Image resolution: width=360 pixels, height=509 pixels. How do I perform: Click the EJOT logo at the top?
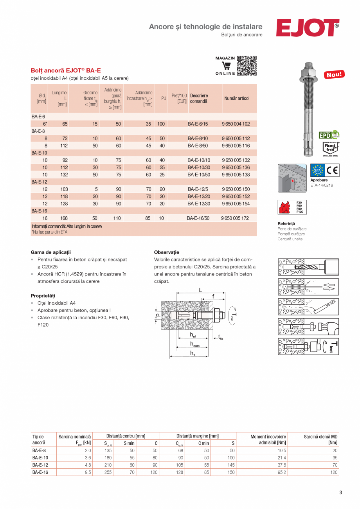tap(307, 28)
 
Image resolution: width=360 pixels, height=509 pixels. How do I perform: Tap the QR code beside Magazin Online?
tap(247, 66)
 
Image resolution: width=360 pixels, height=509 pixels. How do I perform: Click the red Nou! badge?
tap(334, 74)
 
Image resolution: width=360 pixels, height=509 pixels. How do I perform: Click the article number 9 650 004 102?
tap(236, 124)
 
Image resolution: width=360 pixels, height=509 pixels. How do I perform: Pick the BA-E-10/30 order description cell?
tap(199, 167)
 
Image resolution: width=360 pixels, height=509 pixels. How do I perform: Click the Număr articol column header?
tap(237, 99)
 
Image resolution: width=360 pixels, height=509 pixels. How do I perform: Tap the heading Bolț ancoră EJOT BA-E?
tap(66, 71)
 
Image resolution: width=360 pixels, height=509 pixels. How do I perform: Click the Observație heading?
tap(167, 252)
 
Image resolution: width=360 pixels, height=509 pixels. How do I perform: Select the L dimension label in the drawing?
tap(200, 290)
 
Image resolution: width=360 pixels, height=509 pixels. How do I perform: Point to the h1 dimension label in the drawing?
tap(193, 353)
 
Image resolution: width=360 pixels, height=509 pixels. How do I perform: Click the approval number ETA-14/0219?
tap(322, 185)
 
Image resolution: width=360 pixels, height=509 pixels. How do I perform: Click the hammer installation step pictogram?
tap(308, 326)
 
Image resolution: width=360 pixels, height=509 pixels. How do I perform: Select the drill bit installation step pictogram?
tap(308, 267)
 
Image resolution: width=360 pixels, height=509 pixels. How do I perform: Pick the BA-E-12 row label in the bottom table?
tap(40, 465)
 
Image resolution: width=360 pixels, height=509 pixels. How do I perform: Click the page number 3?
tap(340, 493)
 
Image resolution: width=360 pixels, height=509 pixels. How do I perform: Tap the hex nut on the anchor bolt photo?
tap(308, 72)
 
